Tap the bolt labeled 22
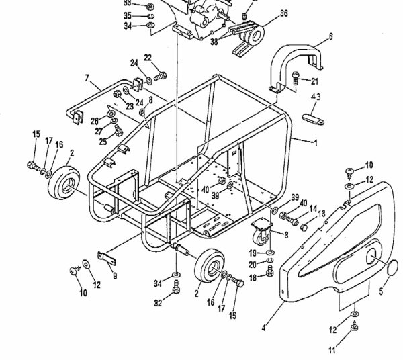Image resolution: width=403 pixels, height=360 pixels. pyautogui.click(x=159, y=69)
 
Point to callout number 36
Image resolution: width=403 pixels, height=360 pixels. pyautogui.click(x=264, y=14)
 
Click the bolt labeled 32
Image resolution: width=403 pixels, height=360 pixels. pyautogui.click(x=175, y=289)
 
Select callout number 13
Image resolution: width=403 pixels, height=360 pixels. pyautogui.click(x=320, y=214)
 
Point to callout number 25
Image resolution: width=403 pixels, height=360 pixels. pyautogui.click(x=103, y=142)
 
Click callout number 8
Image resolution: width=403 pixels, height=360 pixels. pyautogui.click(x=150, y=100)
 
